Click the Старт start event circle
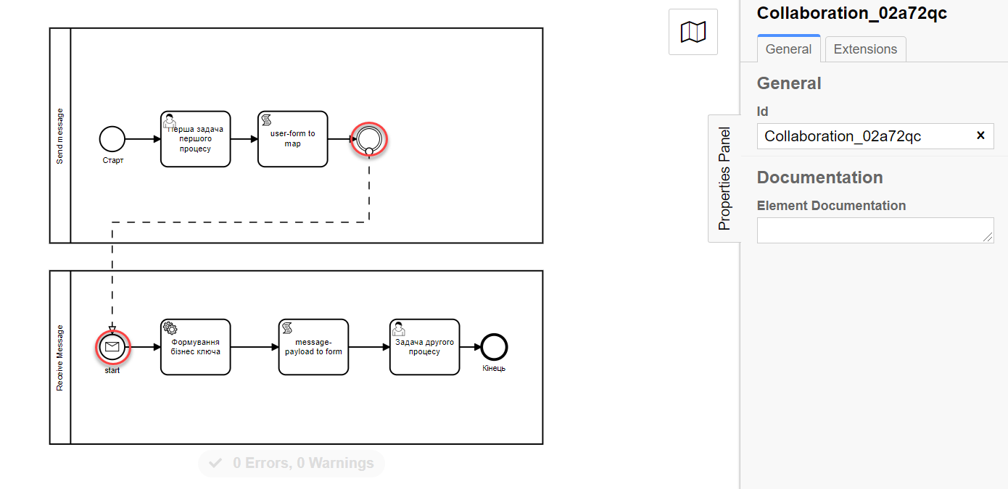click(x=112, y=139)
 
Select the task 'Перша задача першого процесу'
click(x=195, y=139)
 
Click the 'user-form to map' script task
click(x=292, y=139)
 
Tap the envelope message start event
click(x=112, y=347)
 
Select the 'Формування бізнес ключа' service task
click(x=195, y=347)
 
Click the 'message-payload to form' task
click(x=313, y=347)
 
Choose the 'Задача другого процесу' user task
click(x=424, y=347)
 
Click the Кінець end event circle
click(x=494, y=347)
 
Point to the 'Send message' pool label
click(x=60, y=136)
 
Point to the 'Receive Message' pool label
click(x=60, y=358)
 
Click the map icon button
click(x=693, y=32)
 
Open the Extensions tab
click(x=865, y=49)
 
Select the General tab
click(x=788, y=49)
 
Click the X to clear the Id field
click(x=980, y=135)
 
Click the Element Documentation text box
click(x=875, y=230)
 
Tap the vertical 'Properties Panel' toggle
click(x=724, y=178)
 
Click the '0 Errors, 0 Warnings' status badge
click(x=292, y=464)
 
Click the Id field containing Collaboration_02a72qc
click(x=863, y=136)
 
